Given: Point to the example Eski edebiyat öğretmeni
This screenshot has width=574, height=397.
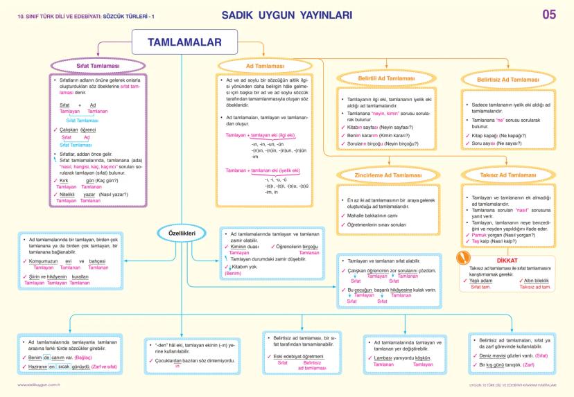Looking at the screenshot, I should click(295, 355).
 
